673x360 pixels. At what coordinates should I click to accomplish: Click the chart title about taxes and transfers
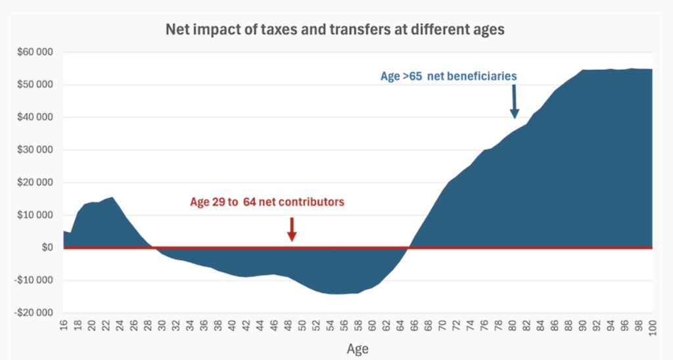336,30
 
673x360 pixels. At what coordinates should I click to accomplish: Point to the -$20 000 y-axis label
34,313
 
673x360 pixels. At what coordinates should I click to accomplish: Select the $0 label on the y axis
46,248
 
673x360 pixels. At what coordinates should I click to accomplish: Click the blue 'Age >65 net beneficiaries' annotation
448,76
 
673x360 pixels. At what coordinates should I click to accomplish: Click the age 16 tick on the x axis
64,326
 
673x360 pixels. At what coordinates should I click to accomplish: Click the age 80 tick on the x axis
512,326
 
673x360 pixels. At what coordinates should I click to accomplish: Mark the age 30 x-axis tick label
162,326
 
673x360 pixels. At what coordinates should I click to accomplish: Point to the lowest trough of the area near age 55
337,293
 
